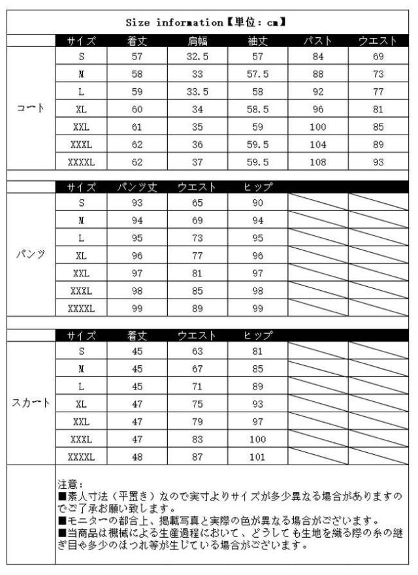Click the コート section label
(x=31, y=108)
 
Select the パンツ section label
(x=31, y=255)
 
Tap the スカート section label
(x=31, y=402)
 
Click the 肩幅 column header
(x=197, y=41)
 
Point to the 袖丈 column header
(x=257, y=41)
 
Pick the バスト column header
(x=317, y=41)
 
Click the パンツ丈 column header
(x=137, y=188)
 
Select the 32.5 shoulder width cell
(x=197, y=57)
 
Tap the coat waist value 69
(x=378, y=57)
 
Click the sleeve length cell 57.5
(x=257, y=74)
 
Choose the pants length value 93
(x=137, y=203)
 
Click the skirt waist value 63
(x=197, y=351)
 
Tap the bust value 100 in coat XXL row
(x=317, y=125)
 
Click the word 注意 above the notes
(x=68, y=485)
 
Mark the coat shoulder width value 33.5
(x=197, y=91)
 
